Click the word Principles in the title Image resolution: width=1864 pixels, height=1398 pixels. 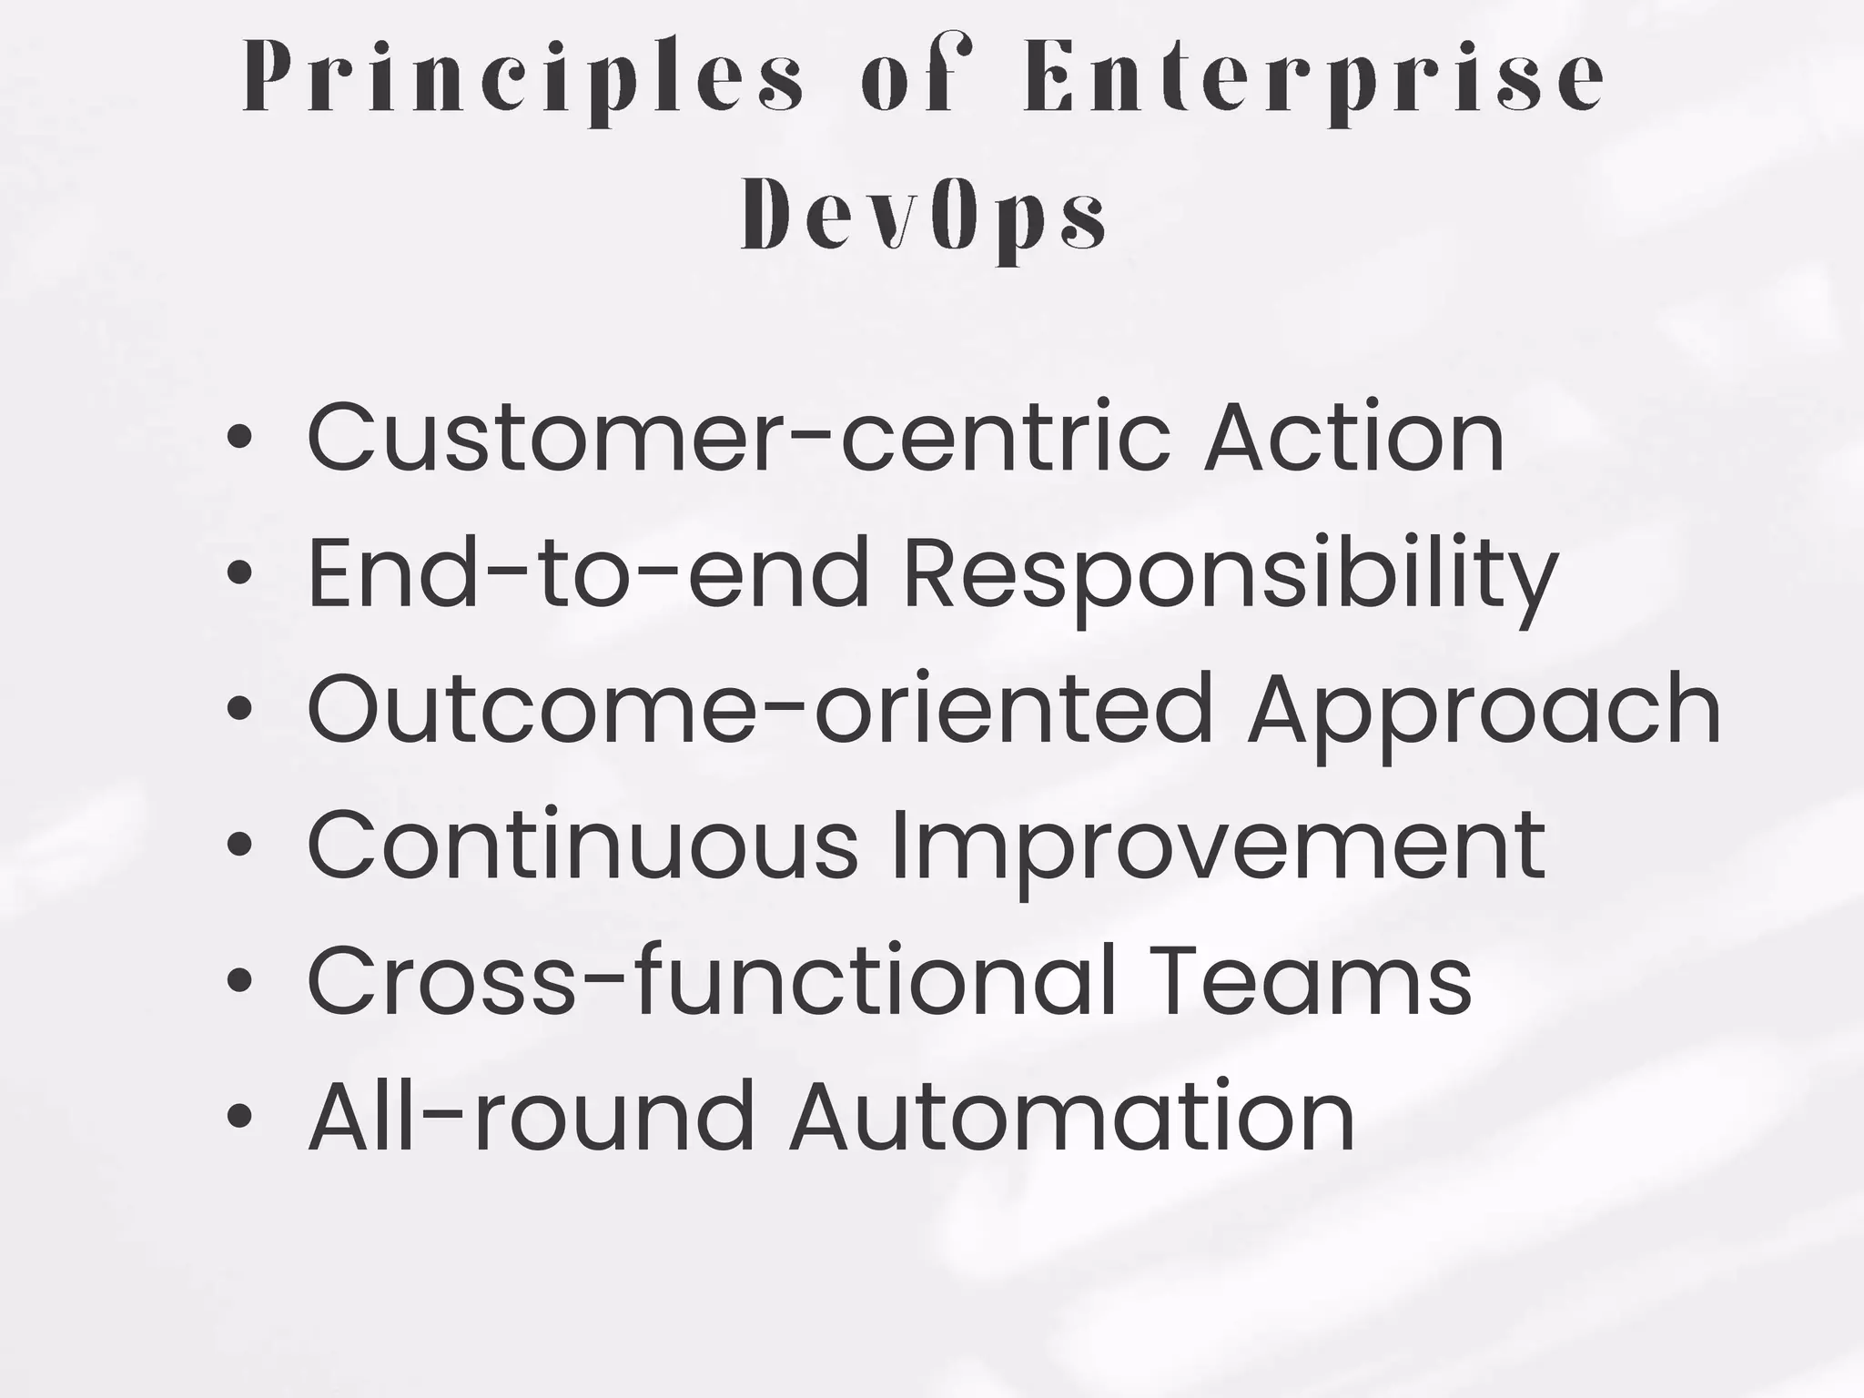point(523,80)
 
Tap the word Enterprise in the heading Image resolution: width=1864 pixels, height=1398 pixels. point(1313,80)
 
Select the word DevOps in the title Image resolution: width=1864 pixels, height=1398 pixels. point(924,218)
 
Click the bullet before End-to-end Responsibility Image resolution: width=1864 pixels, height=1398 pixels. point(238,572)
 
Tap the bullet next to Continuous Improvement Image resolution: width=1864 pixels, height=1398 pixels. point(238,844)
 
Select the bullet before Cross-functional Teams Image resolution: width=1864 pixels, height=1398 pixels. point(238,979)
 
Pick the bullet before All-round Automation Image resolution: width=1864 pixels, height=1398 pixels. point(238,1116)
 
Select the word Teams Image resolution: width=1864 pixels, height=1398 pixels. point(1313,979)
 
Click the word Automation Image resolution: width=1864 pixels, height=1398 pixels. point(1072,1116)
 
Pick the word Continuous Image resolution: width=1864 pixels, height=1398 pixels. point(582,844)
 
